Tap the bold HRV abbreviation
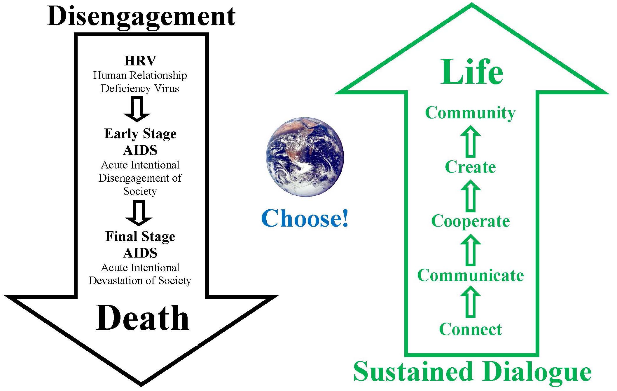[x=140, y=61]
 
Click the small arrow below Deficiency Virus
[x=137, y=109]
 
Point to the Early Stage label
[x=140, y=134]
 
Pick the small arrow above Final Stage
[x=139, y=213]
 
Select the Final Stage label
[x=140, y=237]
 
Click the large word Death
[x=142, y=318]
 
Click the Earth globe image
[x=305, y=157]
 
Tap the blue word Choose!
[x=305, y=218]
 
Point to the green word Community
[x=470, y=113]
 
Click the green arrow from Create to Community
[x=471, y=141]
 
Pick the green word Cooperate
[x=471, y=221]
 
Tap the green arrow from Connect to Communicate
[x=471, y=301]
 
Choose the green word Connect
[x=471, y=329]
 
